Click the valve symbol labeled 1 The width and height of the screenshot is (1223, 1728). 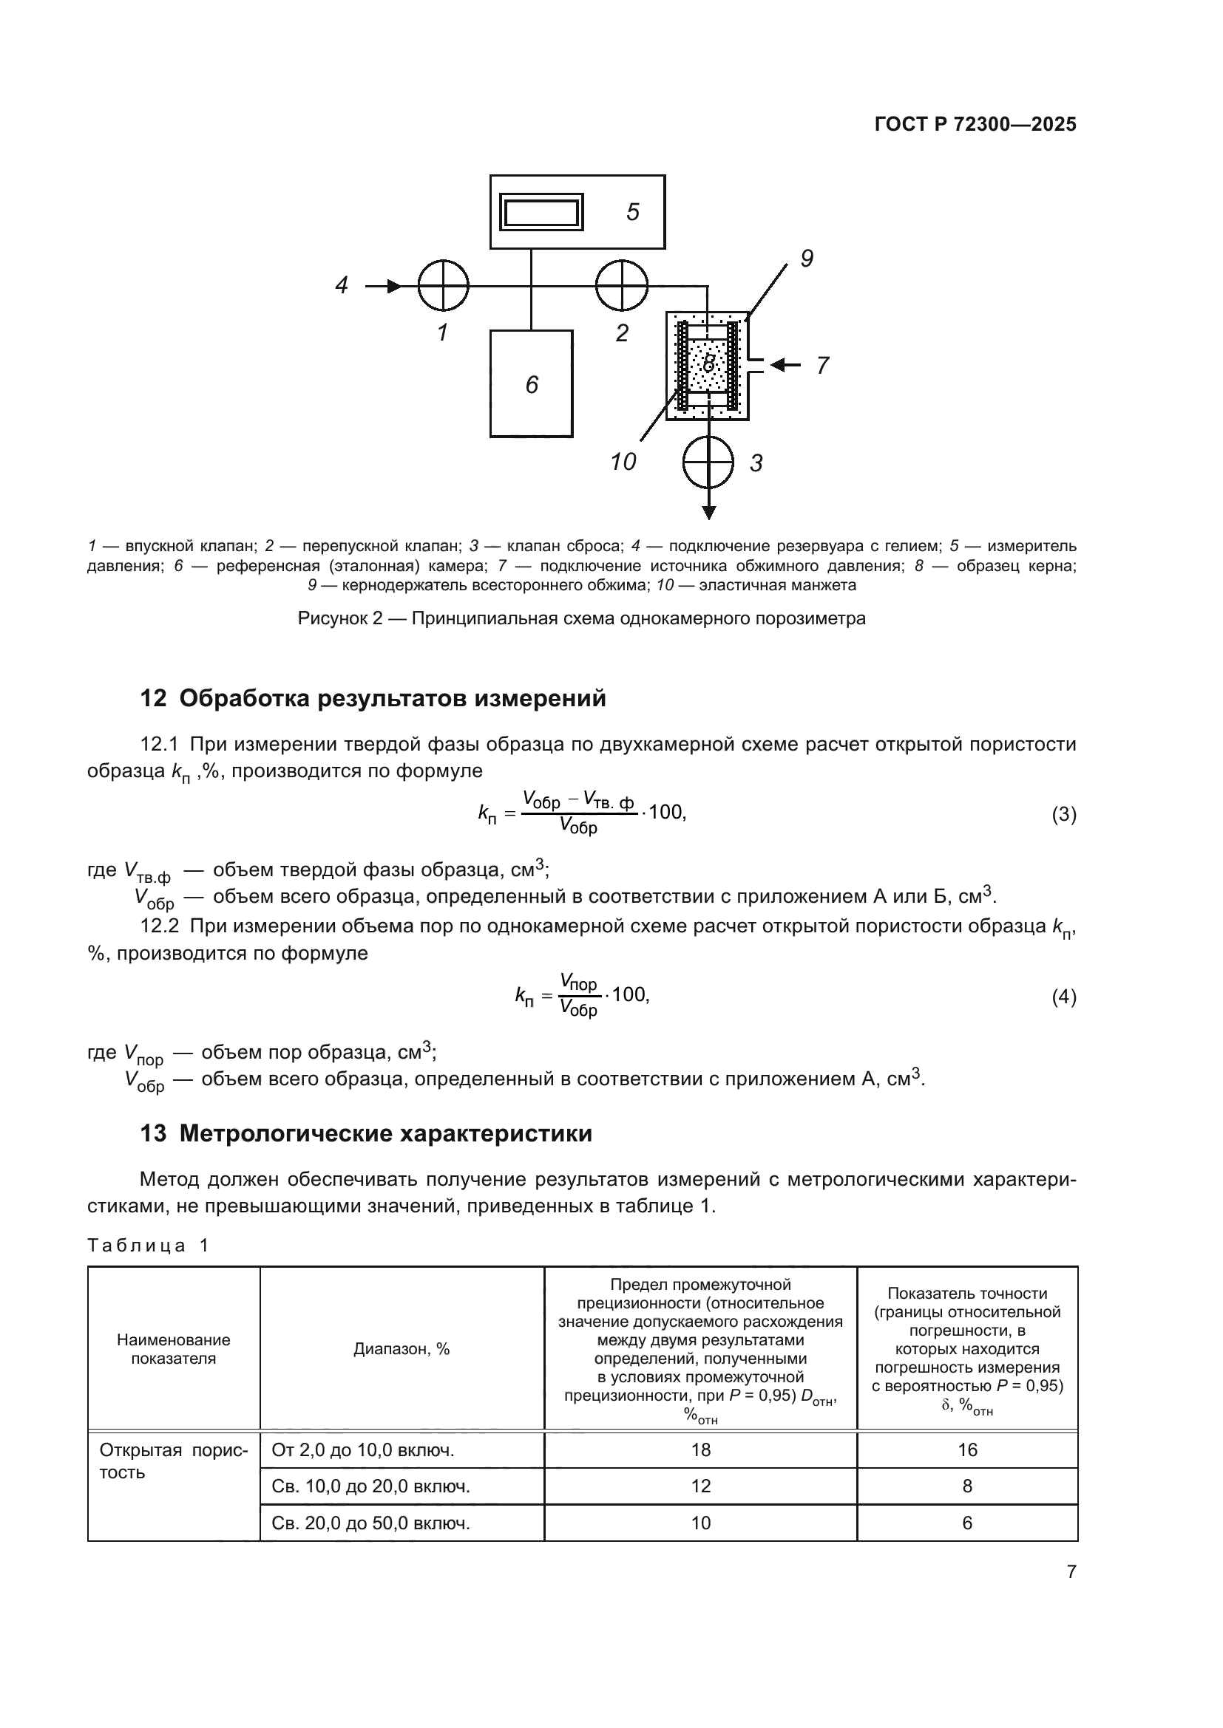[x=444, y=285]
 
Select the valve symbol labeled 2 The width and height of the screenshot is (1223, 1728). [x=621, y=285]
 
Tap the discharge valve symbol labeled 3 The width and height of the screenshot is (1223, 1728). [x=708, y=461]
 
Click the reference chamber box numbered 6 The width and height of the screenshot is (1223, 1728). [x=531, y=384]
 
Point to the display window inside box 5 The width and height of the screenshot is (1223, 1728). [x=541, y=212]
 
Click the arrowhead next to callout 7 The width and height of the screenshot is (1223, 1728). [x=779, y=365]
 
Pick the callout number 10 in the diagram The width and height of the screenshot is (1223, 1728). [x=623, y=461]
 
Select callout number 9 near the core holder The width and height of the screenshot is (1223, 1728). [x=807, y=259]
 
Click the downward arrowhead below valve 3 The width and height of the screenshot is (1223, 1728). [x=708, y=513]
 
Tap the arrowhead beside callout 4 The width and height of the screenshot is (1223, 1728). [x=393, y=286]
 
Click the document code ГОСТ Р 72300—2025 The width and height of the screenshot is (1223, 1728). [x=975, y=124]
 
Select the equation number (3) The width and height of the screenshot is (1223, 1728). [x=1063, y=814]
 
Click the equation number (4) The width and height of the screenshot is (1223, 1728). [x=1063, y=997]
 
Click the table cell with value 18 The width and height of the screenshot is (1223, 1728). [x=700, y=1449]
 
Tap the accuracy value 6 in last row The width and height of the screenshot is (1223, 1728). [x=967, y=1523]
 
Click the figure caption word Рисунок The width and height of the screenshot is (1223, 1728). [x=331, y=618]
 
